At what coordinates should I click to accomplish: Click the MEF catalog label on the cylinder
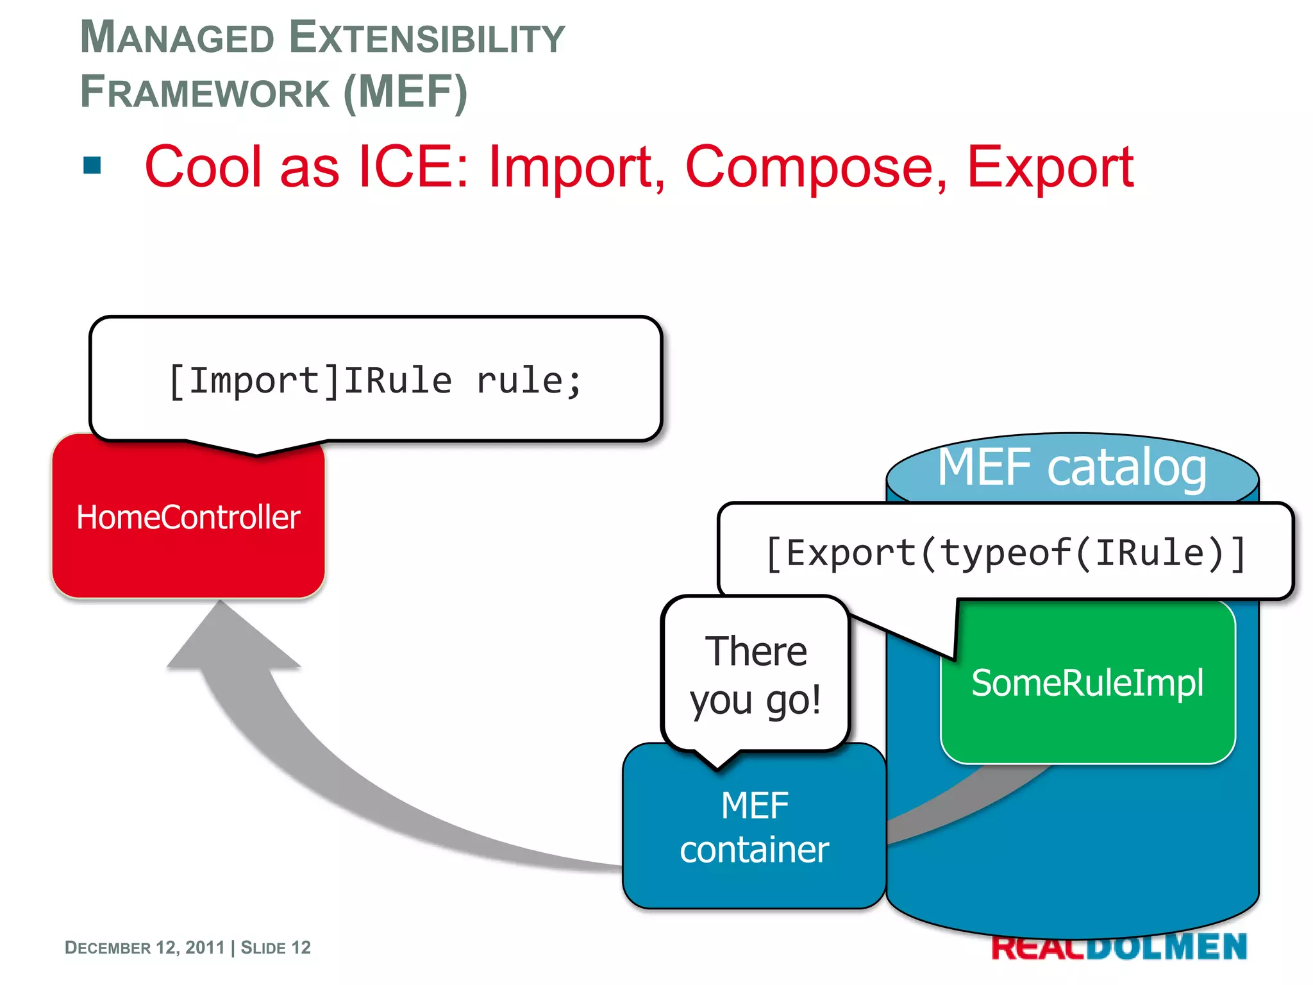coord(1072,467)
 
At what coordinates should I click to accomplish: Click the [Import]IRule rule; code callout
coord(375,380)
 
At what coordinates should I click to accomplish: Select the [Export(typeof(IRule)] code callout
coord(1005,552)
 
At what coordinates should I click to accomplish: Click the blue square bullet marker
coord(92,165)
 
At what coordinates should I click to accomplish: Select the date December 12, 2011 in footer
coord(144,947)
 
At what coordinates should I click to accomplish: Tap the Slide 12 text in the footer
coord(276,947)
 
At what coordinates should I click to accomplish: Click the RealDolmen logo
coord(1119,947)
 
